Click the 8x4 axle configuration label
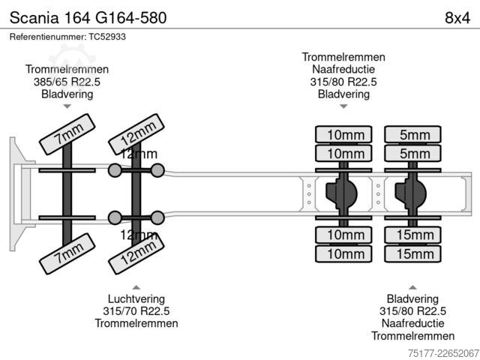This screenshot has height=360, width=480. [x=457, y=18]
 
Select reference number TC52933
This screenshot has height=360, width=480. [x=107, y=37]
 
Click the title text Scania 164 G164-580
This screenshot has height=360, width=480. [x=88, y=18]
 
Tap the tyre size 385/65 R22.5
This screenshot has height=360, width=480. [x=67, y=82]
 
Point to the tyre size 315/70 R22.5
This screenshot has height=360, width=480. [x=136, y=311]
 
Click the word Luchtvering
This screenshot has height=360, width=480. [x=136, y=298]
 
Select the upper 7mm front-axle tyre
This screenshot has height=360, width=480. [x=67, y=134]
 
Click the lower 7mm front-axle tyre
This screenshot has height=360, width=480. [x=67, y=253]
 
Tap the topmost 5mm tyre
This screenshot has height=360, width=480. [x=412, y=134]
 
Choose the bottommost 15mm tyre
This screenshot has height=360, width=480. [x=412, y=253]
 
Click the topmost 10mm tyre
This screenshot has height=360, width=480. [x=343, y=134]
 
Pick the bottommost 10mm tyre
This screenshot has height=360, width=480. [x=343, y=253]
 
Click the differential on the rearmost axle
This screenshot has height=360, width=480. [x=410, y=193]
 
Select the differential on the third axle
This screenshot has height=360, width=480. [x=341, y=193]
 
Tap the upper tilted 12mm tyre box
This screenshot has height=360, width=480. [x=136, y=134]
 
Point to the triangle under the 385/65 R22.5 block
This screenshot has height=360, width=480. [x=67, y=106]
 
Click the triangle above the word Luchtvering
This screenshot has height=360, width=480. [x=136, y=287]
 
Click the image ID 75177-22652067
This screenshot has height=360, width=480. [x=443, y=353]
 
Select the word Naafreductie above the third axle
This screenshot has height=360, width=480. [x=343, y=70]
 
